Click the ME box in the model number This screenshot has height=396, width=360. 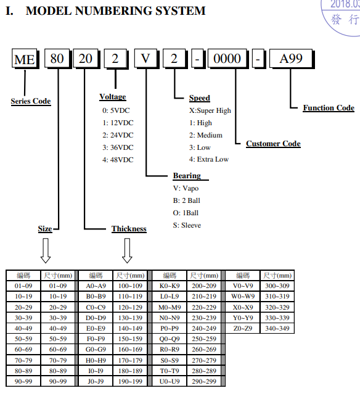click(x=25, y=59)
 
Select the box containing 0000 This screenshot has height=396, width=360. click(x=228, y=59)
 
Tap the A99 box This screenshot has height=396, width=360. click(x=292, y=59)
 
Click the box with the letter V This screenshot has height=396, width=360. click(x=147, y=59)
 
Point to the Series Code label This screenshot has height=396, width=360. click(x=31, y=101)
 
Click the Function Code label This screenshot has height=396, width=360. click(x=329, y=108)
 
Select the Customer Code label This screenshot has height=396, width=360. click(x=273, y=144)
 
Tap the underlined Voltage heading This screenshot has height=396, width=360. click(x=113, y=97)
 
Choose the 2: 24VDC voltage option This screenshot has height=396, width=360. click(x=118, y=135)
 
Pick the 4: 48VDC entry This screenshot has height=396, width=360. click(x=118, y=160)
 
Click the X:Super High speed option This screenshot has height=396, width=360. click(x=210, y=110)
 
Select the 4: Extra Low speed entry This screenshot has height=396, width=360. click(x=209, y=159)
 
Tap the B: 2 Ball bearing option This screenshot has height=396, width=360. click(x=187, y=200)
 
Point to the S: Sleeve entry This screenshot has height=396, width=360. click(x=187, y=225)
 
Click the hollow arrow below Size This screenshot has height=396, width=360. click(x=46, y=251)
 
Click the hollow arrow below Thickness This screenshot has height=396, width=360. click(x=127, y=251)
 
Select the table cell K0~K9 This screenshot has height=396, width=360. click(x=170, y=286)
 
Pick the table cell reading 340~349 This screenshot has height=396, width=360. click(x=277, y=328)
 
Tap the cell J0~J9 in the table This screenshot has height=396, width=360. click(x=96, y=381)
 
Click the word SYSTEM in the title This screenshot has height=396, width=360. click(x=180, y=11)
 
